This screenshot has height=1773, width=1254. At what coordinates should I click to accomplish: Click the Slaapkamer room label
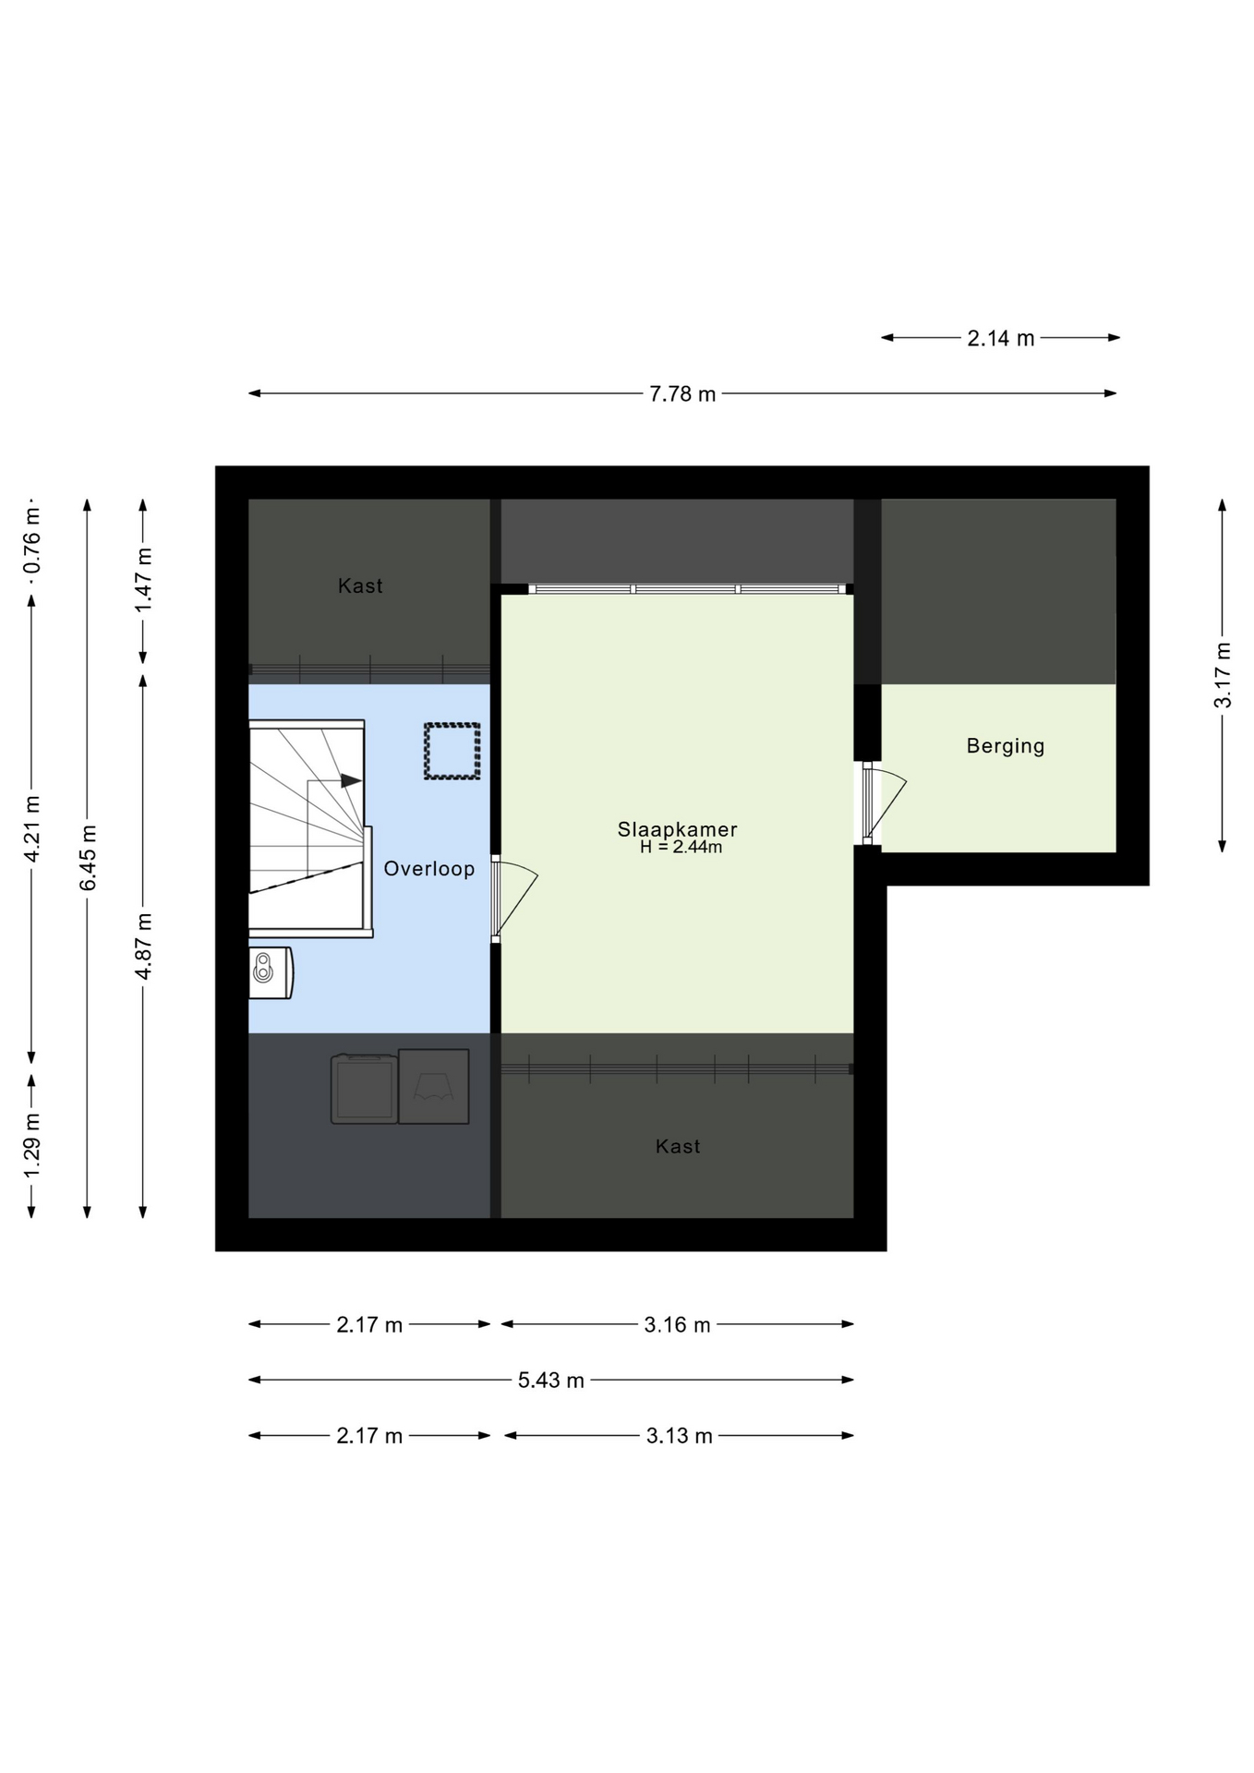pos(677,829)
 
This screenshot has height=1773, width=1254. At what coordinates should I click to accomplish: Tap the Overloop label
pos(429,869)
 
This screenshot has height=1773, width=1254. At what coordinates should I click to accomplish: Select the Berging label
pos(1006,746)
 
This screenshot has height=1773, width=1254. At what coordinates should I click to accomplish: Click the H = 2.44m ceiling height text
pos(681,847)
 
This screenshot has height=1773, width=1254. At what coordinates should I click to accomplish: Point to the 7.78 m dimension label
pos(682,394)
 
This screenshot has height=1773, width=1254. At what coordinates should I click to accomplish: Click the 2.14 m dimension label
pos(1001,339)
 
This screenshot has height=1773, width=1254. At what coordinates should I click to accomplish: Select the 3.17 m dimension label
pos(1223,675)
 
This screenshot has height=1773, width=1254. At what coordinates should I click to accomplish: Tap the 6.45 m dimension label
pos(88,858)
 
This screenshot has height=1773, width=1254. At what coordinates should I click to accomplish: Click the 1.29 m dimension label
pos(32,1145)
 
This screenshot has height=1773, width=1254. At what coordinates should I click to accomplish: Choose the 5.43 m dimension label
pos(551,1381)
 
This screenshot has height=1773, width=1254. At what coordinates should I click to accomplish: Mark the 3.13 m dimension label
pos(680,1436)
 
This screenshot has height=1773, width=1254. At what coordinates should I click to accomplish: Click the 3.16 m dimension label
pos(678,1325)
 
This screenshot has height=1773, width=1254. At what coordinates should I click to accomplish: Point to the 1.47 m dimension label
pos(143,579)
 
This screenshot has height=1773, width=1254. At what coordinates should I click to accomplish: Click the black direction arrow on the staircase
pos(351,781)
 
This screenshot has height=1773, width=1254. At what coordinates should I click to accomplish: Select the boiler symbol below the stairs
pos(271,972)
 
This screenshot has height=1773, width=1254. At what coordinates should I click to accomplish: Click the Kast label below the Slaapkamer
pos(678,1147)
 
